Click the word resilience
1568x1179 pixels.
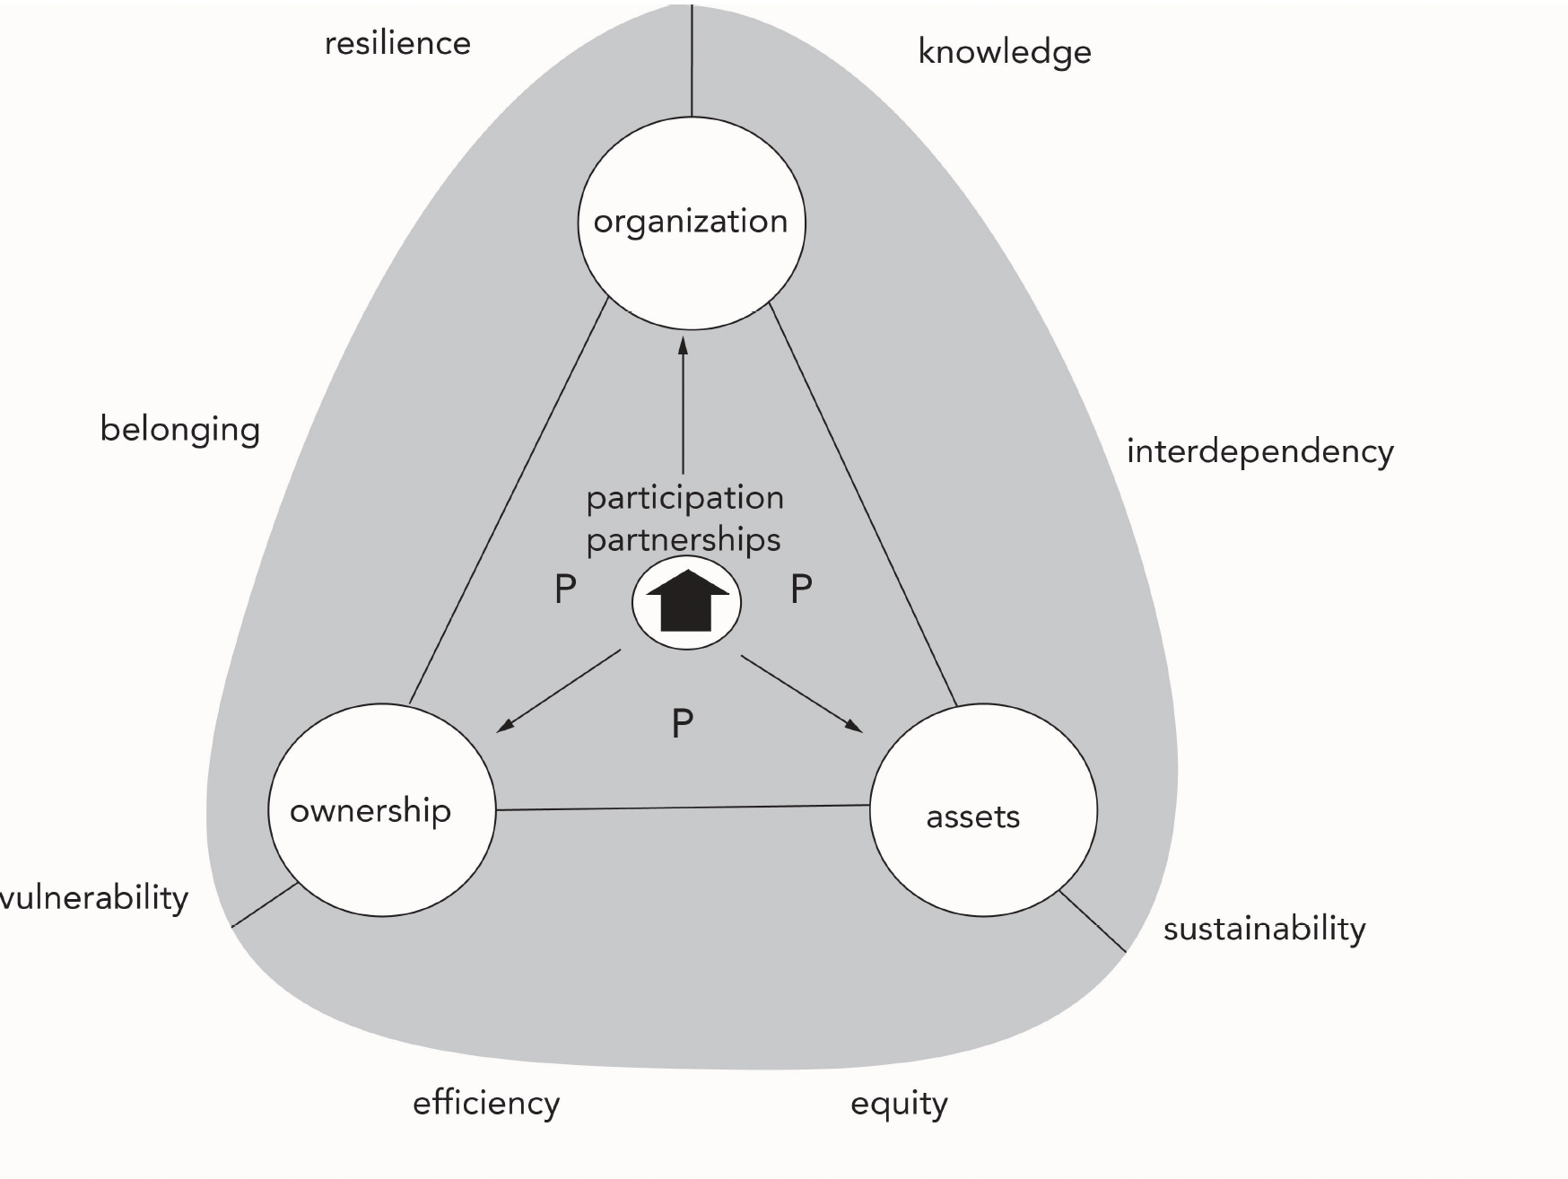tap(397, 43)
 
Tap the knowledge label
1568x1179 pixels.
tap(1004, 52)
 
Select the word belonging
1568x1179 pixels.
tap(179, 430)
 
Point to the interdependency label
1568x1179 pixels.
tap(1259, 451)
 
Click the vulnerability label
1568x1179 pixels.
tap(94, 897)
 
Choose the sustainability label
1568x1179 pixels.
tap(1264, 929)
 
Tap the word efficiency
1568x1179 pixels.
tap(486, 1103)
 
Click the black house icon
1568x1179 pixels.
tap(687, 602)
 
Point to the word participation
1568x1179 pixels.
tap(684, 499)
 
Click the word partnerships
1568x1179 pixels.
tap(684, 540)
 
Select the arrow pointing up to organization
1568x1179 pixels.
tap(683, 404)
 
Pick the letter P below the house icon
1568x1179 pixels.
tap(683, 723)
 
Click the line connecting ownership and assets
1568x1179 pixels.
tap(682, 808)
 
